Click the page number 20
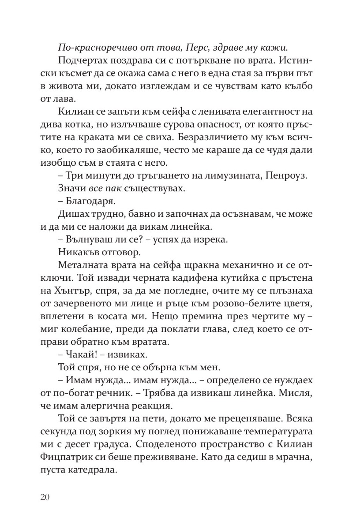pos(45,497)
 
